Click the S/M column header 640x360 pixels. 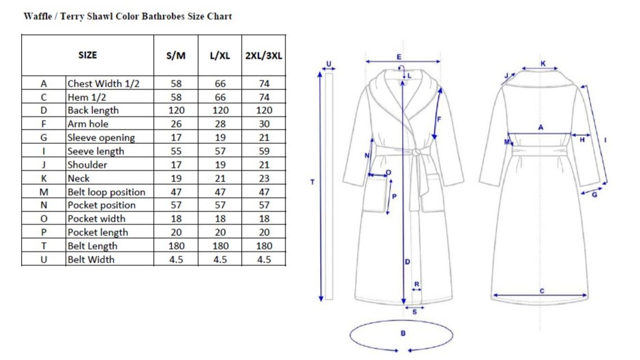click(x=176, y=55)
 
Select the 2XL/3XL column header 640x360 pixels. click(x=264, y=55)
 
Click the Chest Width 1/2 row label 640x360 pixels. click(x=104, y=83)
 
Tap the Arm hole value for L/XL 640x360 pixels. click(x=220, y=124)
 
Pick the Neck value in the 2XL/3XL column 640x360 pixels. click(x=264, y=179)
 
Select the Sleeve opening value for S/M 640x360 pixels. click(x=176, y=138)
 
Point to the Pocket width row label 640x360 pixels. click(x=96, y=219)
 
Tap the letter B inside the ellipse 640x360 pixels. click(x=403, y=333)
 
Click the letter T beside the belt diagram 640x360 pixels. click(x=312, y=182)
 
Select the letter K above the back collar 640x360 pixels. click(x=543, y=63)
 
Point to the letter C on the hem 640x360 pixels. click(x=542, y=291)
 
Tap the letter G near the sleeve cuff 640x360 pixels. click(x=594, y=195)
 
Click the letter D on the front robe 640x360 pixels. click(x=407, y=261)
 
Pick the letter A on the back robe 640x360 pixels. click(x=540, y=127)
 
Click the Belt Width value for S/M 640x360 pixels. click(x=176, y=260)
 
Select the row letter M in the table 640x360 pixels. click(x=44, y=192)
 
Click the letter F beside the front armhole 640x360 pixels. click(x=439, y=119)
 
